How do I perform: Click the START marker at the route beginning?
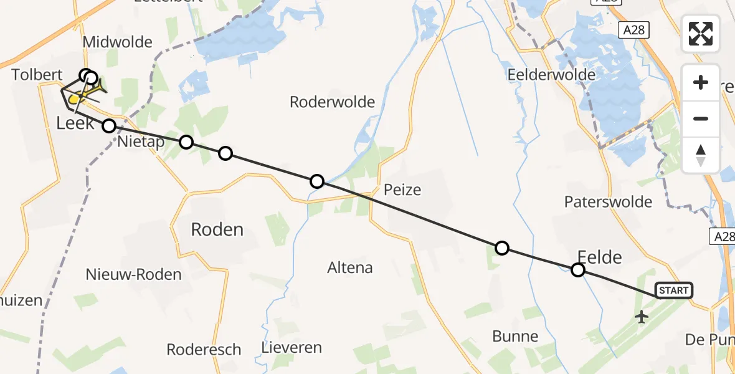pyautogui.click(x=673, y=290)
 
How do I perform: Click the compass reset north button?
pyautogui.click(x=701, y=155)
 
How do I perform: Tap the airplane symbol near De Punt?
pyautogui.click(x=641, y=317)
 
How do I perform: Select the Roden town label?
pyautogui.click(x=217, y=229)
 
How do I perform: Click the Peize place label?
pyautogui.click(x=402, y=189)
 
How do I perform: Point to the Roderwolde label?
pyautogui.click(x=332, y=102)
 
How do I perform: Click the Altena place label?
pyautogui.click(x=350, y=268)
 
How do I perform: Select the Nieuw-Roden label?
pyautogui.click(x=134, y=274)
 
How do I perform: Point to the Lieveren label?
pyautogui.click(x=292, y=347)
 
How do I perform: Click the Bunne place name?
pyautogui.click(x=515, y=337)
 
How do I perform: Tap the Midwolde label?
pyautogui.click(x=117, y=42)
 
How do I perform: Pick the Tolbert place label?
pyautogui.click(x=37, y=75)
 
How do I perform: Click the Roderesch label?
pyautogui.click(x=204, y=349)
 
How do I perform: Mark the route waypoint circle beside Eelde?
pyautogui.click(x=578, y=270)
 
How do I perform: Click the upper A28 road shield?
pyautogui.click(x=634, y=29)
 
